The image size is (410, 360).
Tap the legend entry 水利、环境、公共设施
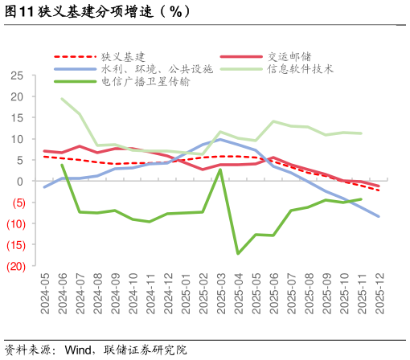point(157,69)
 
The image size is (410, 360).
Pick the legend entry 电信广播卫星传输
point(146,82)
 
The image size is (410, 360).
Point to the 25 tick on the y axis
point(17,76)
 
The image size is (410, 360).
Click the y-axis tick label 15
point(17,118)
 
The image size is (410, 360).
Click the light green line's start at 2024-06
point(63,99)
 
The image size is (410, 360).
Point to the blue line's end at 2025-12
point(379,216)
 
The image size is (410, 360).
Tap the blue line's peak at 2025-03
point(221,140)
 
